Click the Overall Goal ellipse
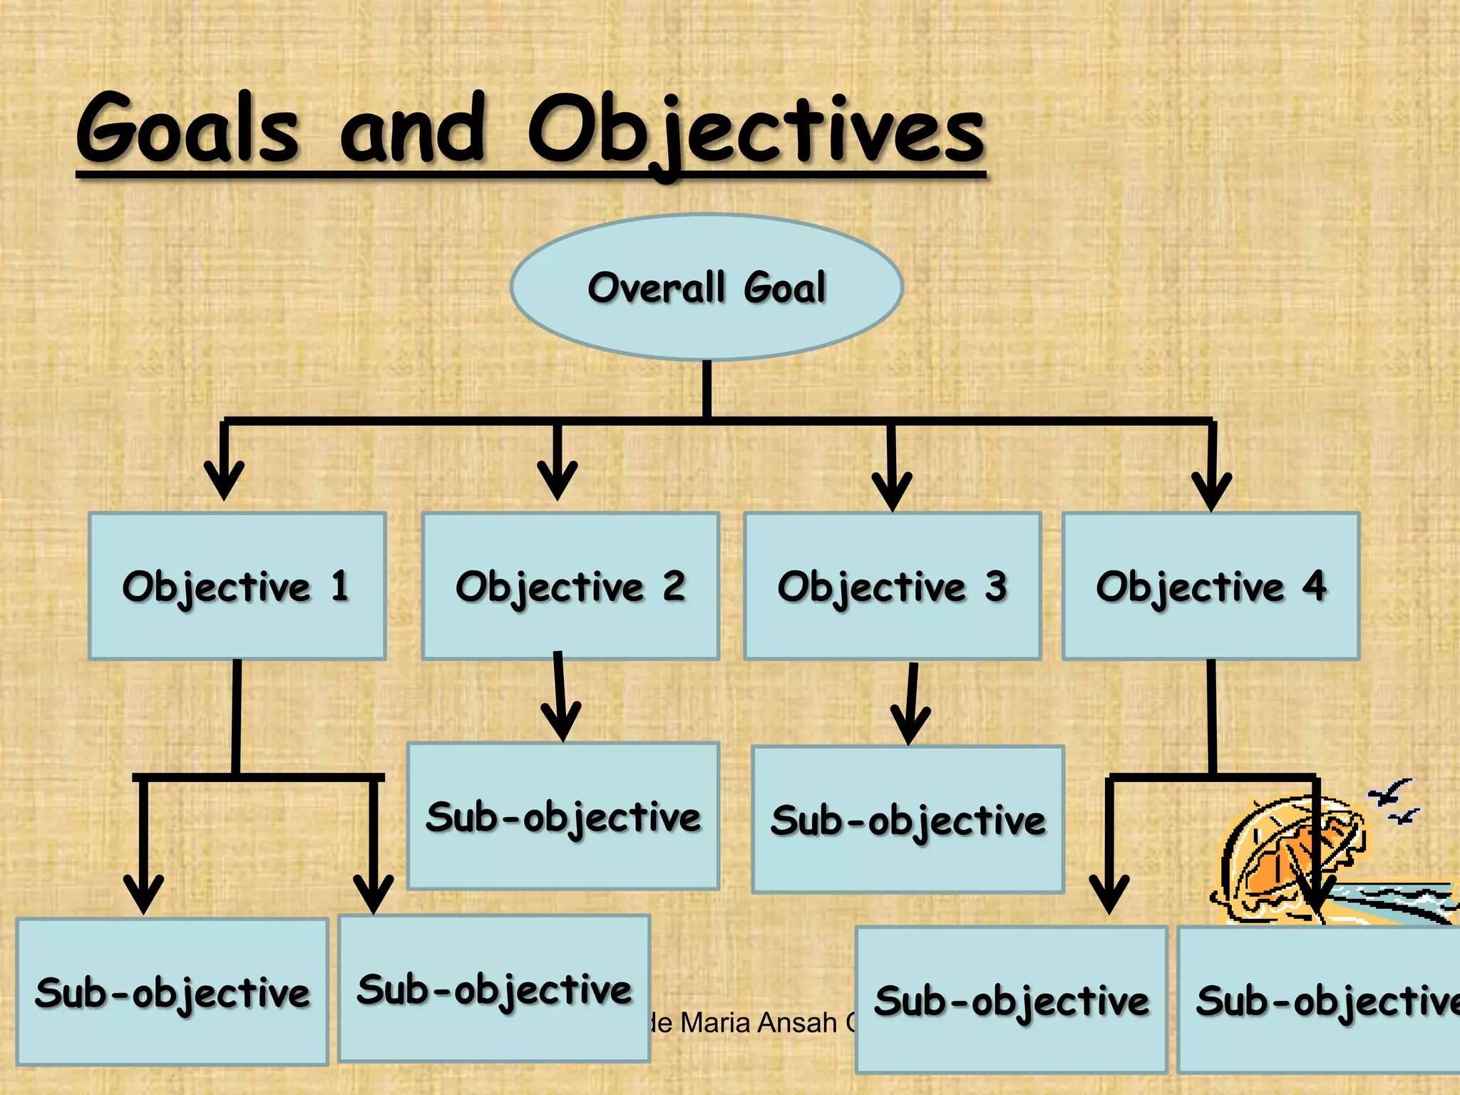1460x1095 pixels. (x=706, y=287)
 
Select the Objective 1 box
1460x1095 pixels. (x=237, y=586)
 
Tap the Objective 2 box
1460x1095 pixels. (x=570, y=586)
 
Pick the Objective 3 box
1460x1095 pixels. (x=892, y=586)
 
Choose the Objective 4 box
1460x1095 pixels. (x=1210, y=586)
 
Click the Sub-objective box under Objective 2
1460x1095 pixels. (x=562, y=816)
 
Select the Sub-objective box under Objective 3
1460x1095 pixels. (x=908, y=819)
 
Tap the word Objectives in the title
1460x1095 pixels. (x=756, y=133)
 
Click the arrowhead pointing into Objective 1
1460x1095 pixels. (x=224, y=480)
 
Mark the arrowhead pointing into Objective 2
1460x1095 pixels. (x=557, y=480)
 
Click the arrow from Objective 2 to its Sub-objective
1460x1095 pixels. (x=560, y=699)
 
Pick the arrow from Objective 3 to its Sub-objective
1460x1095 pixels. (x=910, y=706)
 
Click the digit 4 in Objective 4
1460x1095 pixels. (x=1314, y=586)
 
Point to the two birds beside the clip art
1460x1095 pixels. (x=1394, y=802)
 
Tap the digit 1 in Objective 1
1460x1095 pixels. (x=339, y=586)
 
